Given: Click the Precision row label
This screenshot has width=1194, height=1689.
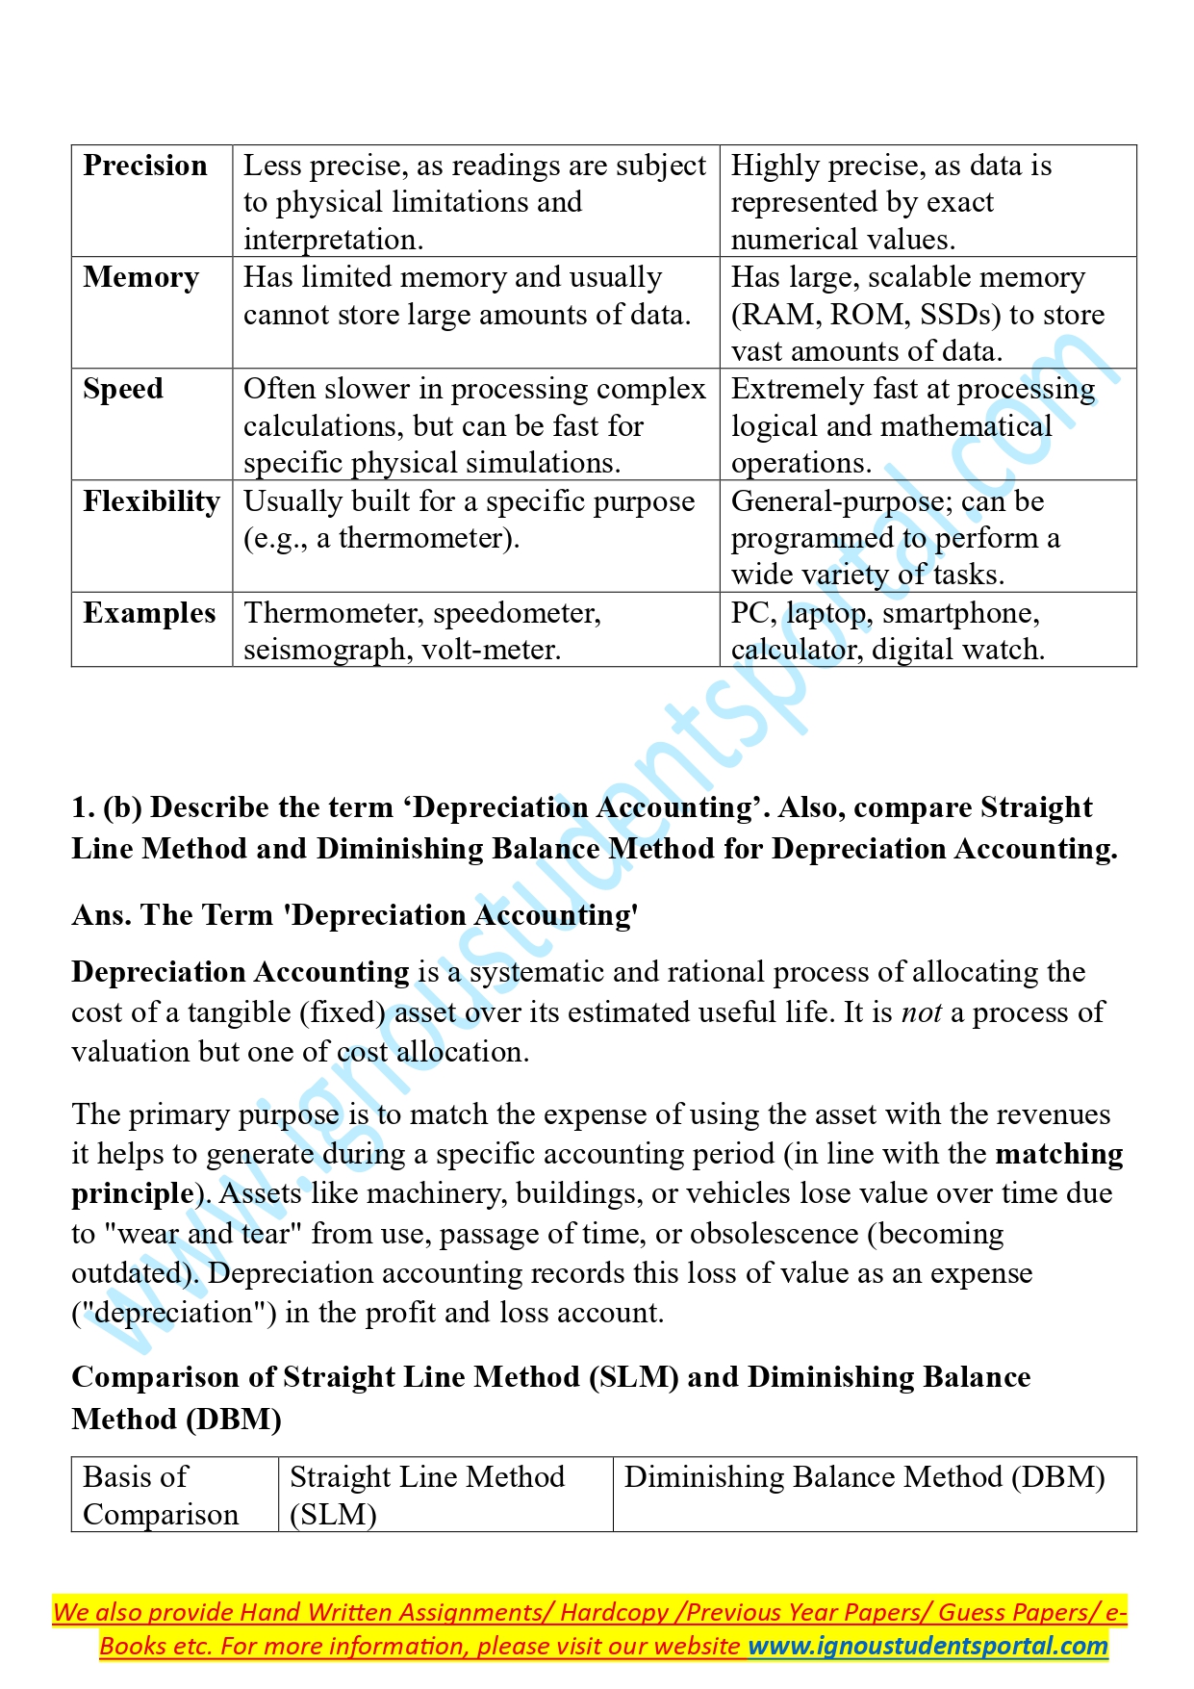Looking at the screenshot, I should (x=145, y=166).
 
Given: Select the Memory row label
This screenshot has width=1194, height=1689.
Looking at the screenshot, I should (x=140, y=277).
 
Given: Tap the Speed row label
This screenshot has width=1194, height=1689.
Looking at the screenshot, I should (x=123, y=389).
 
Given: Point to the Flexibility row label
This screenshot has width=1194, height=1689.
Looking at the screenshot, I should (x=151, y=501).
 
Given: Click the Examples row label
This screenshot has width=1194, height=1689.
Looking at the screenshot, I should (x=149, y=613).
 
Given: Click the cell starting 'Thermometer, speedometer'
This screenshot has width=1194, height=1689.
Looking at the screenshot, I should (x=421, y=630).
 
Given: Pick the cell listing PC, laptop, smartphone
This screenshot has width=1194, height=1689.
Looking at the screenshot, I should (x=887, y=630).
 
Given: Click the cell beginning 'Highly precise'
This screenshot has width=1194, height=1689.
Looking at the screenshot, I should (x=891, y=202).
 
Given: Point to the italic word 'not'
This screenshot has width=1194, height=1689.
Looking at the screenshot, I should (x=921, y=1012).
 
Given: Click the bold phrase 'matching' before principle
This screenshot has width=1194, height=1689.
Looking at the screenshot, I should (x=1058, y=1154).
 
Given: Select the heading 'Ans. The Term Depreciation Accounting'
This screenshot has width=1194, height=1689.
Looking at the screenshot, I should (x=355, y=915).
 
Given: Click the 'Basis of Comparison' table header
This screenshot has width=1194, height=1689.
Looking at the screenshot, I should (x=160, y=1495).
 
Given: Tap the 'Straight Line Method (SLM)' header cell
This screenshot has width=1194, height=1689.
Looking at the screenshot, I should (x=427, y=1495).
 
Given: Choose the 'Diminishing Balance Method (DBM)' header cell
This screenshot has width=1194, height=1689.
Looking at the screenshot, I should (x=864, y=1477).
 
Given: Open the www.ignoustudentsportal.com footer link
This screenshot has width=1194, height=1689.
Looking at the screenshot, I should (x=927, y=1646).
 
